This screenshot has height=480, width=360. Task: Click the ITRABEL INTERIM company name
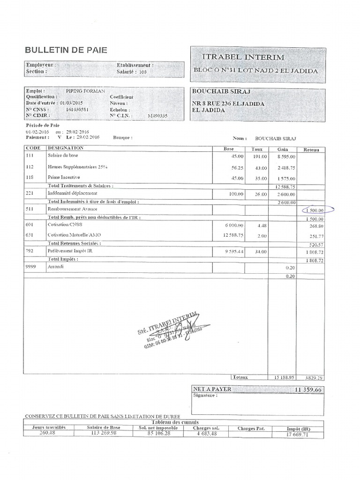click(x=243, y=57)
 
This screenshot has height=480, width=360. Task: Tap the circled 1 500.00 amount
click(x=313, y=211)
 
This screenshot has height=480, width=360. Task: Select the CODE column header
click(x=33, y=149)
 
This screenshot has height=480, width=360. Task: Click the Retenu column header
click(x=311, y=150)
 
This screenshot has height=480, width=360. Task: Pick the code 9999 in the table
click(x=32, y=266)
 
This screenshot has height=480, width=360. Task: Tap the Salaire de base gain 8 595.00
click(x=285, y=157)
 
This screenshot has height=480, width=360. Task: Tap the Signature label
click(x=205, y=396)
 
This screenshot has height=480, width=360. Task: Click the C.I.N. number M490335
click(x=157, y=115)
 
